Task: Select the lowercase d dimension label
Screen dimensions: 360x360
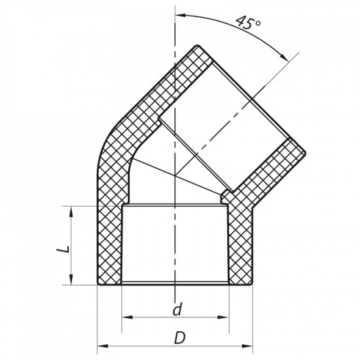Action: point(175,309)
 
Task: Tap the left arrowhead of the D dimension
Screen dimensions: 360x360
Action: point(103,344)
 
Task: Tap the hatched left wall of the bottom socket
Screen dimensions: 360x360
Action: point(109,245)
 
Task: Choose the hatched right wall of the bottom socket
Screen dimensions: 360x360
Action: point(240,245)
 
